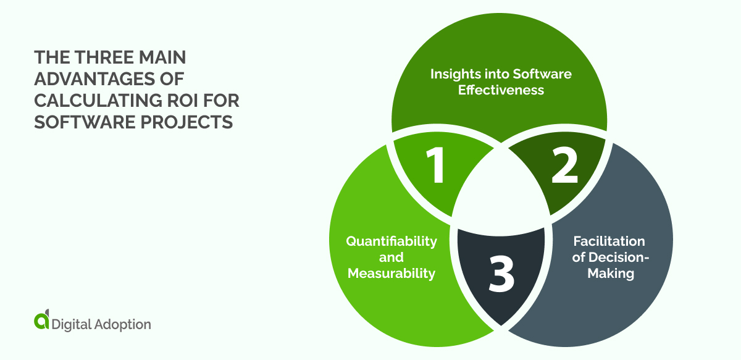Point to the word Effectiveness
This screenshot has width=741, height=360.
[501, 90]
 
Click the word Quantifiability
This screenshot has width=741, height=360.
[391, 241]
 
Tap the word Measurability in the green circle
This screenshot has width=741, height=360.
[391, 273]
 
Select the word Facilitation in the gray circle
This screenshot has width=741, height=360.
[609, 241]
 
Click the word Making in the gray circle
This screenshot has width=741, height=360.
[610, 273]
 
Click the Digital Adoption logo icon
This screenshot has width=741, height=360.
[42, 321]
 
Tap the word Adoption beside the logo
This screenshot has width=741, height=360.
[120, 324]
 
